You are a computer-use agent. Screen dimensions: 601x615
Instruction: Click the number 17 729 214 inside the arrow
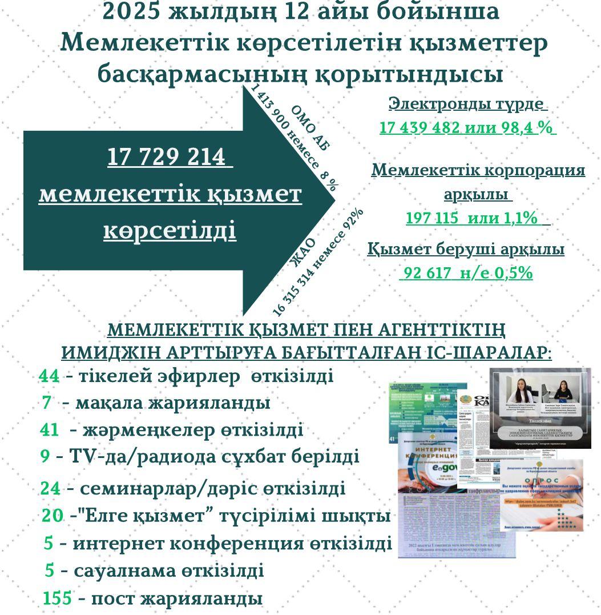tap(170, 158)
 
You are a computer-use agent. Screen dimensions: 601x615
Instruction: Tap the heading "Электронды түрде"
tap(467, 104)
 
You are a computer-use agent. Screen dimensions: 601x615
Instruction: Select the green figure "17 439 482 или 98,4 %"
tap(467, 128)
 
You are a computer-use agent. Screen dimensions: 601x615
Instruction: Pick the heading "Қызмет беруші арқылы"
tap(466, 250)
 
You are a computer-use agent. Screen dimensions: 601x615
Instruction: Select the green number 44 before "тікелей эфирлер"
tap(49, 376)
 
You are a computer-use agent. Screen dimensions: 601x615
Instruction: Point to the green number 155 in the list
tap(57, 598)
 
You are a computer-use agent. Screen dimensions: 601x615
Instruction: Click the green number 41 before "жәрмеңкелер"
tap(50, 429)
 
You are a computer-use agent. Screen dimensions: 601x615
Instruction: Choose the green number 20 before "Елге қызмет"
tap(53, 516)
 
